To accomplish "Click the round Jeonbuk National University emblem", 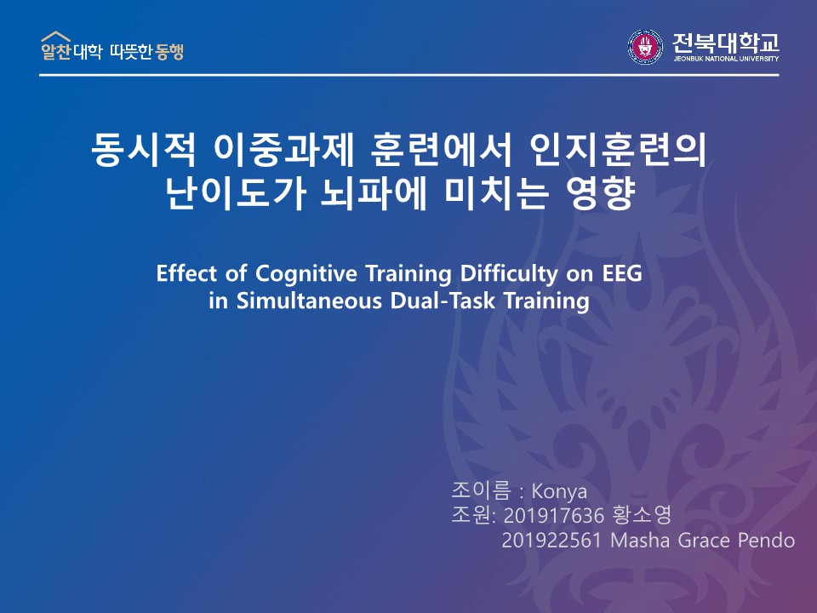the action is click(645, 46).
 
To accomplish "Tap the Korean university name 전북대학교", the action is click(726, 43).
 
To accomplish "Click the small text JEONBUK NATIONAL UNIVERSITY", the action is click(726, 59).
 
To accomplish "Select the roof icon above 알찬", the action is click(56, 36).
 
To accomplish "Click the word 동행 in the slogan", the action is click(169, 52).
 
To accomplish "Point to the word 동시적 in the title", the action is click(144, 150).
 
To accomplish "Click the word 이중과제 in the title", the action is click(284, 150).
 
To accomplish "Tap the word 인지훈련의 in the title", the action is click(618, 150).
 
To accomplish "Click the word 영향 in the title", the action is click(601, 193).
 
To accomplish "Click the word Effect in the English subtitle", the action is click(186, 273).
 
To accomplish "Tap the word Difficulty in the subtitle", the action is click(509, 274).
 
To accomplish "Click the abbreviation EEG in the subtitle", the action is click(622, 273).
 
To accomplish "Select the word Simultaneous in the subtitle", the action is click(309, 301).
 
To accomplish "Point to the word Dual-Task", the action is click(443, 301).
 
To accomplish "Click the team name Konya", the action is click(559, 491).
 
